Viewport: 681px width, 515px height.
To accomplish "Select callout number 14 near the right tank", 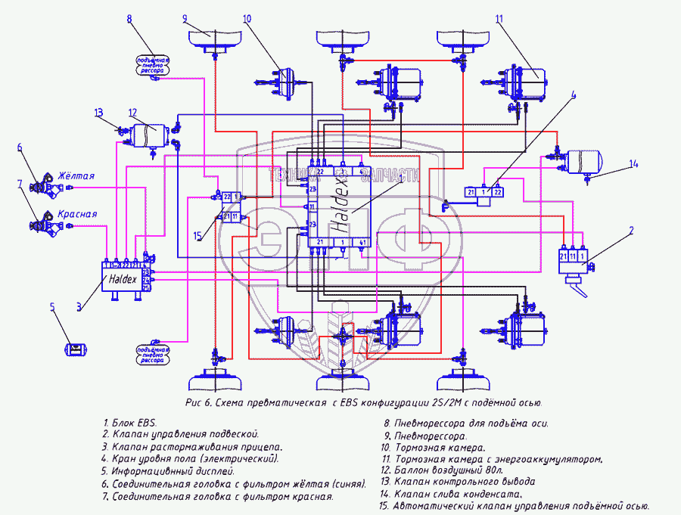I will tap(634, 164).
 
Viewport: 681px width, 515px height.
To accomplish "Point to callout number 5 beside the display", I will tap(53, 307).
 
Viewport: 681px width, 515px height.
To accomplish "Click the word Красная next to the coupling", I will tap(78, 214).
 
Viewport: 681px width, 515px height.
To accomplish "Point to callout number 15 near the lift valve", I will tap(197, 236).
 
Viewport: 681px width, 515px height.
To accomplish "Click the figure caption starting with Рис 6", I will tap(363, 402).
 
